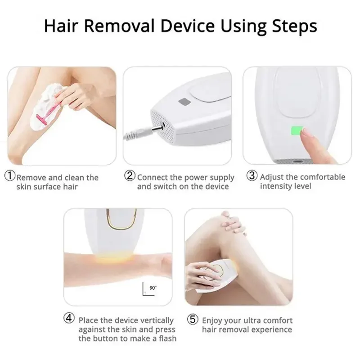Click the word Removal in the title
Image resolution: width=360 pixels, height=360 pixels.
119,26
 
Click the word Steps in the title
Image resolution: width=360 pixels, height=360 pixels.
294,27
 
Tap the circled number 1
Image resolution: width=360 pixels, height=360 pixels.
10,176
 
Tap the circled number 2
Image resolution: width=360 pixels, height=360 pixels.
130,175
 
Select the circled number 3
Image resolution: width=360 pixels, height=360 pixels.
252,175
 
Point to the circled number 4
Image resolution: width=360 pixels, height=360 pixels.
69,319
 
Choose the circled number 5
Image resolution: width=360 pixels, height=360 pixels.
193,319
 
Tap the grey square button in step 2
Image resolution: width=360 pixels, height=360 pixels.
184,102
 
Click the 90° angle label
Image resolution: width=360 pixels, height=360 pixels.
153,288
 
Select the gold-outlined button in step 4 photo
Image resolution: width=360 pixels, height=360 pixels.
121,219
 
